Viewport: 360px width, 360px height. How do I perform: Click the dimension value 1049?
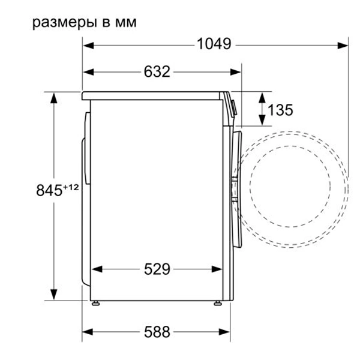[x=214, y=44]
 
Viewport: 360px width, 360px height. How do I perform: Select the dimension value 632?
[x=157, y=72]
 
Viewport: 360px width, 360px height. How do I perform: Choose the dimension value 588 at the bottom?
[x=157, y=331]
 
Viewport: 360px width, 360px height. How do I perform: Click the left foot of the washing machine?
[x=94, y=302]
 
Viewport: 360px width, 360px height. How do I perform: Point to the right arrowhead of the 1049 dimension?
[x=344, y=44]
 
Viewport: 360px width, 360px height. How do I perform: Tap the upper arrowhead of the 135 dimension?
[x=262, y=97]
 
